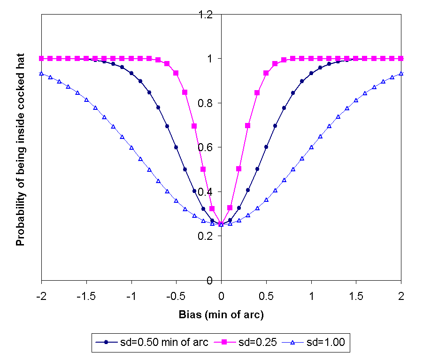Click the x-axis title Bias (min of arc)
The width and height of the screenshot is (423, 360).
221,314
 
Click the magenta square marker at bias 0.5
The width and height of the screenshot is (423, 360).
266,73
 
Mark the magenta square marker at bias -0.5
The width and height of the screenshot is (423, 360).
176,73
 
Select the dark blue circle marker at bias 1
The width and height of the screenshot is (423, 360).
311,73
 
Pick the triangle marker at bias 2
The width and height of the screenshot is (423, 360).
401,74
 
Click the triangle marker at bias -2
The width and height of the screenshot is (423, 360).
42,74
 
